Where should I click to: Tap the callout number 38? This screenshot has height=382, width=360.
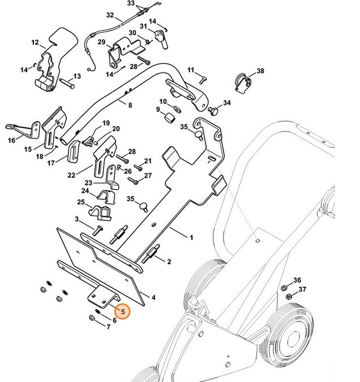point(260,71)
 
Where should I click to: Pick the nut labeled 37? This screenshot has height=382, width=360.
point(288,298)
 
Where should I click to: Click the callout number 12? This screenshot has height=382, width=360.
point(35,42)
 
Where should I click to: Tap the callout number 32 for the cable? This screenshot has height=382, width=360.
point(110,15)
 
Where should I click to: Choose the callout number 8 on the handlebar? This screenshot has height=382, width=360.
point(130,105)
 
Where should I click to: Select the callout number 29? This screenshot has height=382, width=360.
point(101,42)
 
